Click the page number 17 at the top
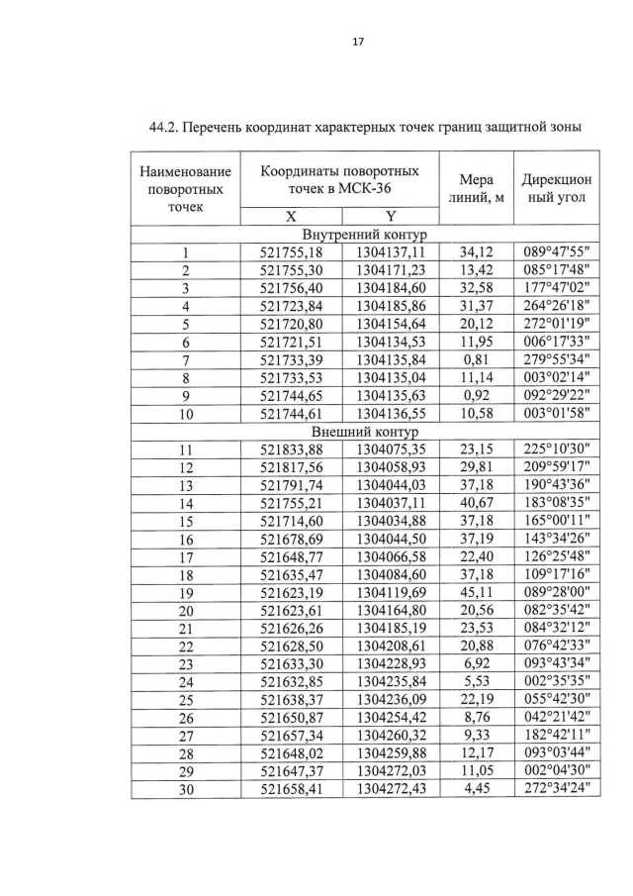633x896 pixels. click(316, 41)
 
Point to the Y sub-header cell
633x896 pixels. click(390, 218)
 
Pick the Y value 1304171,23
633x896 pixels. click(391, 270)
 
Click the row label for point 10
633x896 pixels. click(185, 414)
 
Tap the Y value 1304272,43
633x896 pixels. click(391, 788)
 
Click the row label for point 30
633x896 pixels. click(185, 788)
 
